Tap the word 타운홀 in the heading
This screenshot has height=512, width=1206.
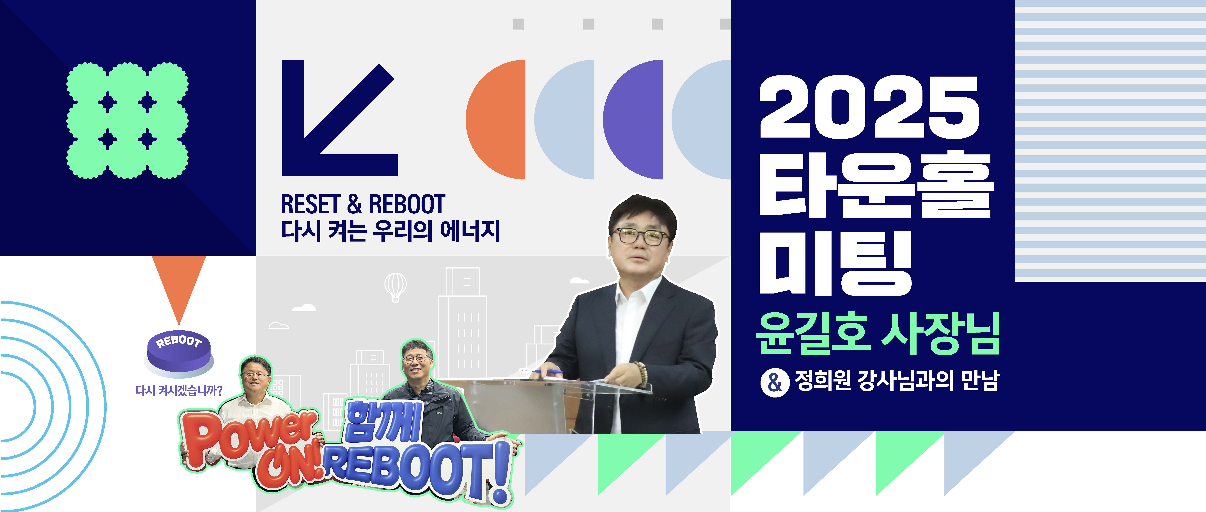875,184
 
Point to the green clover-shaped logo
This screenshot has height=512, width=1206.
127,121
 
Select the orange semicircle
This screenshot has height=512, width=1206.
495,119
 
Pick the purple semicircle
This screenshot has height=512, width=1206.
633,119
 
